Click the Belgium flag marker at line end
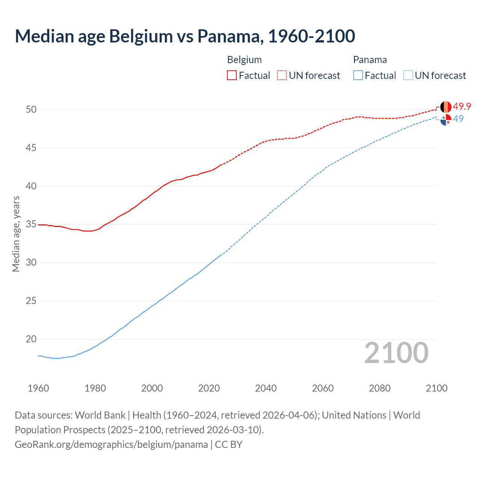coord(446,107)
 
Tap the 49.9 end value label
coord(462,107)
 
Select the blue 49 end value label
coord(458,119)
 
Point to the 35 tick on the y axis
coord(31,224)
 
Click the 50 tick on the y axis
coord(31,109)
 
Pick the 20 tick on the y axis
coord(31,339)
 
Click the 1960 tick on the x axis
coord(38,388)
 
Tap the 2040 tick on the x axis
coord(266,388)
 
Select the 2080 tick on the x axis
coord(380,388)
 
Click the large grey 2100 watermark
coord(396,352)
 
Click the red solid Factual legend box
coord(232,75)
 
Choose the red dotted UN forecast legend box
coord(282,75)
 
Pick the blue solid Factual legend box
coord(358,75)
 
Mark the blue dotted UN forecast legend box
coord(408,75)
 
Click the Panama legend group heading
coord(370,60)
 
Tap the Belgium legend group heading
coord(244,60)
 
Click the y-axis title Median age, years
coord(16,234)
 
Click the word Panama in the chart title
coord(229,36)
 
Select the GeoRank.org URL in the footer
coord(111,445)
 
